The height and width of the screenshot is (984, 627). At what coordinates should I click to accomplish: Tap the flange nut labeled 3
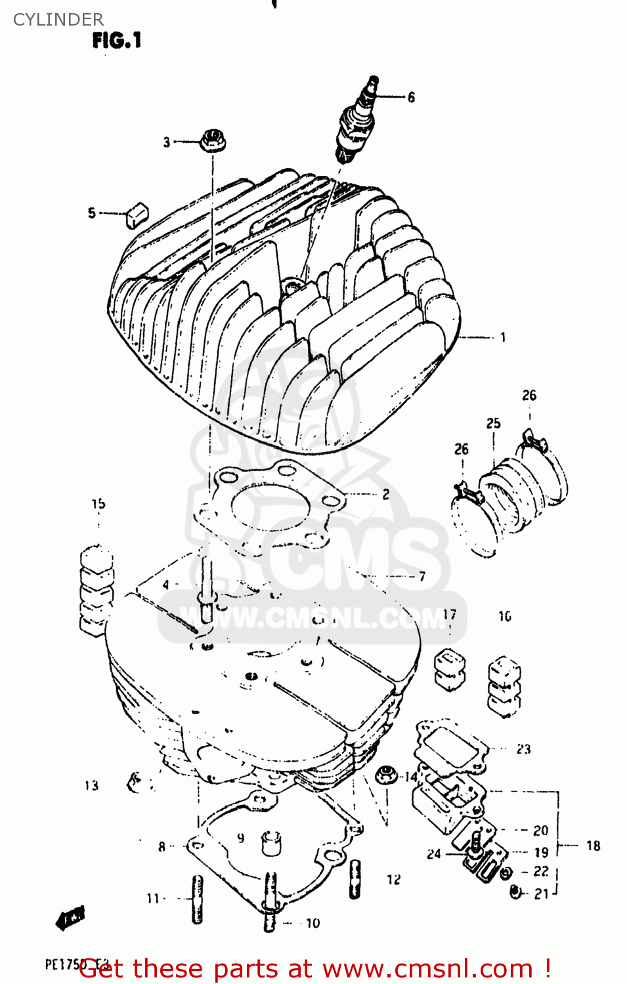pyautogui.click(x=212, y=140)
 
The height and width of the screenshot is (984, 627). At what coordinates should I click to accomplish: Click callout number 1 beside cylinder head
pyautogui.click(x=503, y=337)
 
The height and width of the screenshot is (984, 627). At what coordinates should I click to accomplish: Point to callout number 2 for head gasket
pyautogui.click(x=386, y=494)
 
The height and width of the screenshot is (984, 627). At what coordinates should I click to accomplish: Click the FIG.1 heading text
pyautogui.click(x=117, y=41)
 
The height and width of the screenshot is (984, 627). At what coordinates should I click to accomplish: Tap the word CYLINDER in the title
pyautogui.click(x=58, y=20)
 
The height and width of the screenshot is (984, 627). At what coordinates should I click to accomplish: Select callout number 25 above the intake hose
pyautogui.click(x=493, y=424)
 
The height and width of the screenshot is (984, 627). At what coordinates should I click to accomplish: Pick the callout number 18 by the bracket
pyautogui.click(x=594, y=846)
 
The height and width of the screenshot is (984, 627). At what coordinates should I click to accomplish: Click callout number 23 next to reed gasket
pyautogui.click(x=523, y=749)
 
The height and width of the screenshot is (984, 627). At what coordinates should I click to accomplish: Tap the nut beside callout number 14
pyautogui.click(x=385, y=774)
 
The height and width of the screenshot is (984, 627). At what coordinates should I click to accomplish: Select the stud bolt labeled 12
pyautogui.click(x=355, y=879)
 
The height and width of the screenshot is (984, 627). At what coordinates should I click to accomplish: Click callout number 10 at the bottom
pyautogui.click(x=313, y=923)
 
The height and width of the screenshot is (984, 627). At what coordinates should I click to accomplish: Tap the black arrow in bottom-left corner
pyautogui.click(x=71, y=918)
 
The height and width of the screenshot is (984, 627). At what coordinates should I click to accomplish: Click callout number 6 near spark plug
pyautogui.click(x=412, y=97)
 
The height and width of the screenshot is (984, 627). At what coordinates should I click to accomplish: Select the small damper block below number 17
pyautogui.click(x=450, y=669)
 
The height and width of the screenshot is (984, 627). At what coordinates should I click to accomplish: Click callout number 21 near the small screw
pyautogui.click(x=541, y=893)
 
